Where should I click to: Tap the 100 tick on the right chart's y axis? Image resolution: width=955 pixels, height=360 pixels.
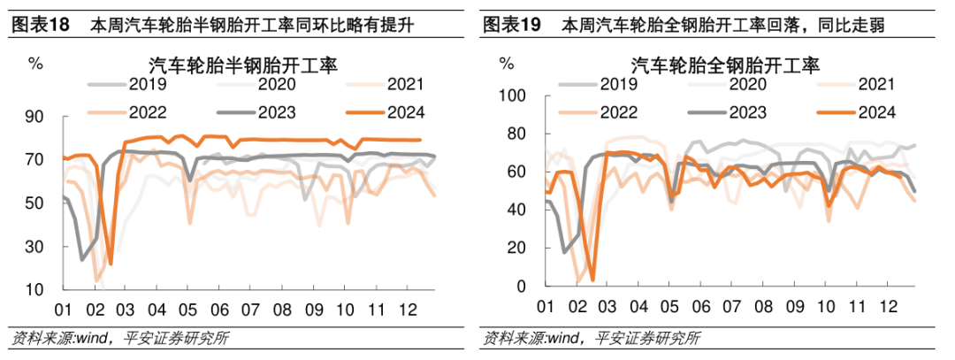pos(513,96)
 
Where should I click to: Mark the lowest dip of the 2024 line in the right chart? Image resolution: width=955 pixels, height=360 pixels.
pos(592,280)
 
